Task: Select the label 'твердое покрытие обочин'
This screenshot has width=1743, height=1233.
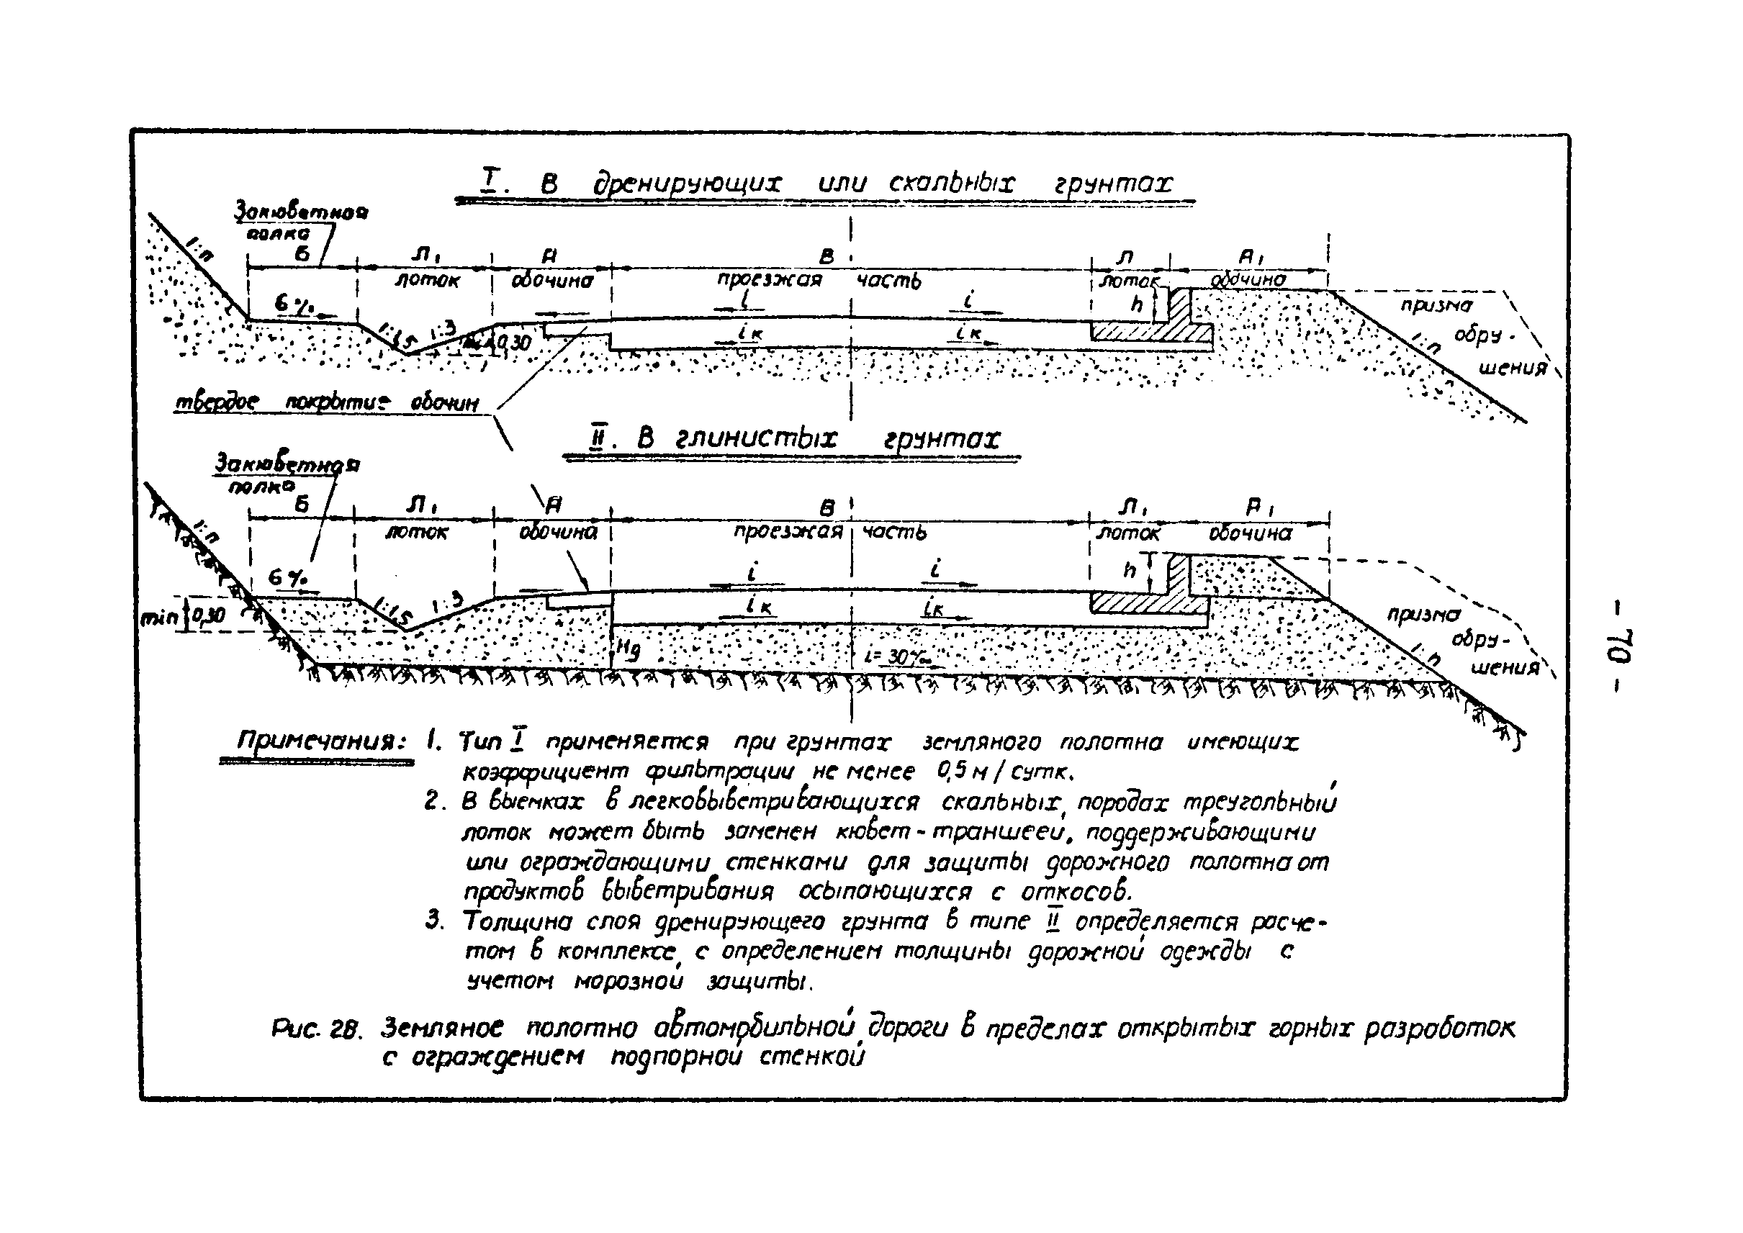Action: point(328,402)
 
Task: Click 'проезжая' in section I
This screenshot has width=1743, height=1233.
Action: point(770,279)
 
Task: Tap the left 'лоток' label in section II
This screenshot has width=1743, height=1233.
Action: point(416,532)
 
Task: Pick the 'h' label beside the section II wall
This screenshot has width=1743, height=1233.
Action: point(1129,569)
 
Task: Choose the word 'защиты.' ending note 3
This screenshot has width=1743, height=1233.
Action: point(760,983)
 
